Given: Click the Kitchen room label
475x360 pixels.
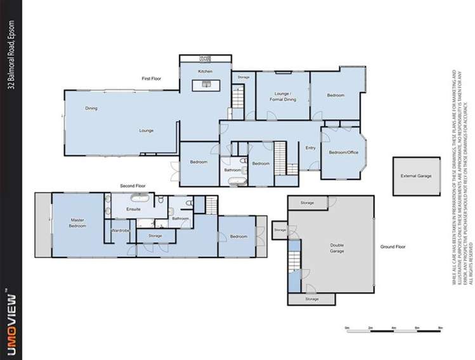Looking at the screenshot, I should (205, 72).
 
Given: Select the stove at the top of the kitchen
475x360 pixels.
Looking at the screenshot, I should (205, 59).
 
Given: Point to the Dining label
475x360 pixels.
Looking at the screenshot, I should (91, 109).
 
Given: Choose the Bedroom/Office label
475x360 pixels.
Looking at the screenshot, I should (341, 153).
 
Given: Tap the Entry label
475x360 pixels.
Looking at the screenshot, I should (310, 148).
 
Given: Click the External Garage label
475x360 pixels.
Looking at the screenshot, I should (415, 176).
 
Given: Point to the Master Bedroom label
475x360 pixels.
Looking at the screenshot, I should (77, 222).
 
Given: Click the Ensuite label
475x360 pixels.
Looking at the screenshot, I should (133, 208).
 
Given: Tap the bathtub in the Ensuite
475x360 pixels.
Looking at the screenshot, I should (135, 199).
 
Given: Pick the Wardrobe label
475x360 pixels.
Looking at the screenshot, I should (120, 231).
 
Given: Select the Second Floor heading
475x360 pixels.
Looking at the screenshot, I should (133, 186).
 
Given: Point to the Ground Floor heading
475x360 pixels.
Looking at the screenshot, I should (393, 246).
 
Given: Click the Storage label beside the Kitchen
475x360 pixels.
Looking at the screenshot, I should (244, 77).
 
